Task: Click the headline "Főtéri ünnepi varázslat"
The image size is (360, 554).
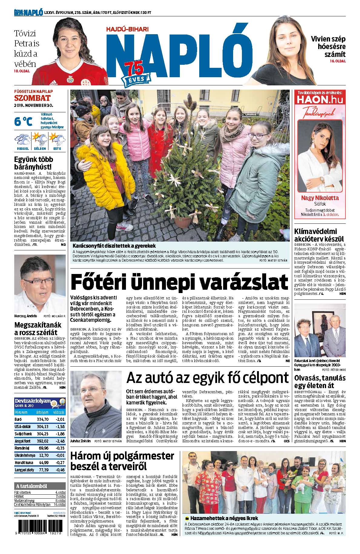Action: click(179, 282)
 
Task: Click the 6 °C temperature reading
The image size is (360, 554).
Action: click(23, 122)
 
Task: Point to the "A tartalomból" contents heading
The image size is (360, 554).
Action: click(32, 486)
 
